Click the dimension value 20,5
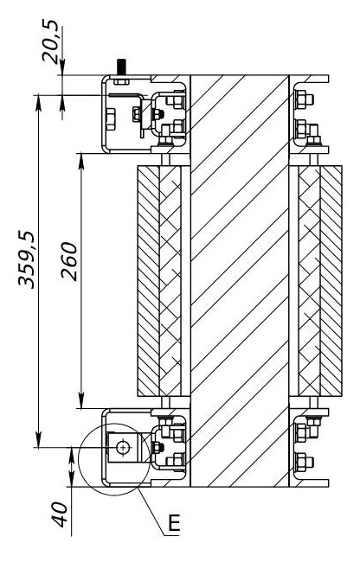(50, 42)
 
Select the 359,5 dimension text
(27, 259)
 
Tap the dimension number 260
(69, 261)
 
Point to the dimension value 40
(61, 514)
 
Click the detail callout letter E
(174, 522)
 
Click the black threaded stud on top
(121, 67)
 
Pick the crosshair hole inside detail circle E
(122, 447)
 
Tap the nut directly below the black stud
(121, 81)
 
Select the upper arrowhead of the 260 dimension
(81, 162)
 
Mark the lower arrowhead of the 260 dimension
(81, 399)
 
